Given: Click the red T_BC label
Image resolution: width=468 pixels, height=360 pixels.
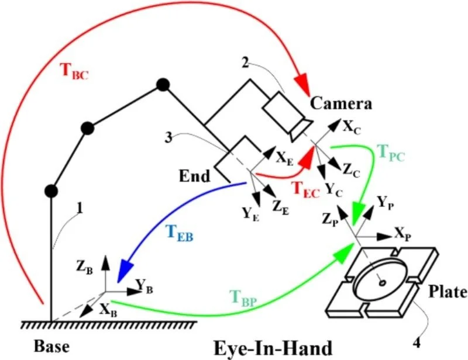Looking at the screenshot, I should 74,71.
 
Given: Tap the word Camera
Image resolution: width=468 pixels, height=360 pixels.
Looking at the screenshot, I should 341,105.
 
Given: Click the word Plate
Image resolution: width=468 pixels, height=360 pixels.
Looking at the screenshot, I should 445,291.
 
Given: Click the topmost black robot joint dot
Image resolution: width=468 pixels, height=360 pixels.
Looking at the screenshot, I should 164,85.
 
